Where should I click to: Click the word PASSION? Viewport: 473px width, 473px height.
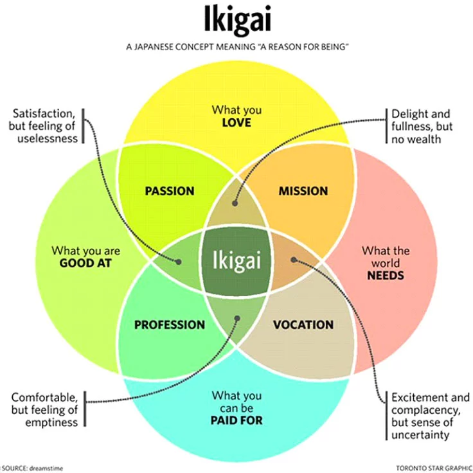click(170, 191)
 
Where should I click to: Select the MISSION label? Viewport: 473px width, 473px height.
click(303, 191)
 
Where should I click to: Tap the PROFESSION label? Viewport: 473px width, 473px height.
click(170, 325)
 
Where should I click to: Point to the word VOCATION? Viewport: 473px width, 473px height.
click(303, 325)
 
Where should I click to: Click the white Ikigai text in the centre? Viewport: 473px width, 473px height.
click(236, 260)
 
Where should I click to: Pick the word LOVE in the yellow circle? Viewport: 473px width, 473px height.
click(236, 123)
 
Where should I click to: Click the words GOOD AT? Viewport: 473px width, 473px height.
click(85, 263)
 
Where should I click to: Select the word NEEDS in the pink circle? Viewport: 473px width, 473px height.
click(386, 276)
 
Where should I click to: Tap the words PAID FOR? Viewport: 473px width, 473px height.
click(236, 420)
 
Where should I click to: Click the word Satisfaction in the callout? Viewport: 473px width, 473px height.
click(44, 113)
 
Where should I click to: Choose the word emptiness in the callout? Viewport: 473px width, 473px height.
click(51, 422)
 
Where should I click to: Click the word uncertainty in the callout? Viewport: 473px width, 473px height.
click(420, 435)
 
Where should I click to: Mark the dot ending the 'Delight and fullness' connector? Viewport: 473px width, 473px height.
click(235, 203)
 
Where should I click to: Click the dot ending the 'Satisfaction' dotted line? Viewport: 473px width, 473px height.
click(179, 262)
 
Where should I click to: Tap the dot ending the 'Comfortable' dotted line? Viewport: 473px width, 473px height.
click(237, 318)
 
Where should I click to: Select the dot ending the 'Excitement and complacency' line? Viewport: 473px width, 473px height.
click(294, 260)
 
